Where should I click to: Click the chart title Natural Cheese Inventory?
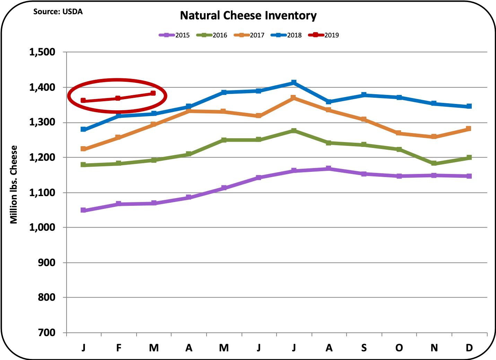pos(248,16)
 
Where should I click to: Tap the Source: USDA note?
pos(58,12)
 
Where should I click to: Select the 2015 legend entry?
pos(175,35)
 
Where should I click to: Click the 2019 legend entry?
pos(324,35)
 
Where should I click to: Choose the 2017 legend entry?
pos(249,35)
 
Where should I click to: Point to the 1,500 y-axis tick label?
pos(42,52)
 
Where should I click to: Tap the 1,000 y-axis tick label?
pos(42,228)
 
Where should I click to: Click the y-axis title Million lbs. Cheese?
pos(14,184)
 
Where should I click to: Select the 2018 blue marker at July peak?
pos(294,82)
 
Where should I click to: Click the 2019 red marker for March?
pos(153,93)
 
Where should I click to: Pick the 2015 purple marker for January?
pos(83,210)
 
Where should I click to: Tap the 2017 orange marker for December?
pos(469,129)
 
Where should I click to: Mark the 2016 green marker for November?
pos(434,163)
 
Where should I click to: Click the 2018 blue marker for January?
pos(83,129)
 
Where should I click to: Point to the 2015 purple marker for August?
pos(329,169)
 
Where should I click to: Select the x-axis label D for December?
pos(469,348)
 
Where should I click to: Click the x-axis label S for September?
pos(364,348)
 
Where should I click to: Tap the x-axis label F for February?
pos(119,348)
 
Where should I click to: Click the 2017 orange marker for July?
pos(294,98)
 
